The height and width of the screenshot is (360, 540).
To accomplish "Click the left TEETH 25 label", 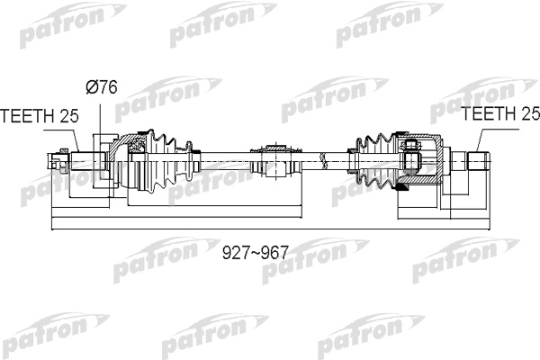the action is pos(40,116).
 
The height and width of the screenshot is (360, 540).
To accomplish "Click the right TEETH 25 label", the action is pos(500,113).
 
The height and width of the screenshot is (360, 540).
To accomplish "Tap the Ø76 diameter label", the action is pos(102,86).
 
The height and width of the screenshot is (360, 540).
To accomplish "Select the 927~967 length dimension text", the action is pos(255,253).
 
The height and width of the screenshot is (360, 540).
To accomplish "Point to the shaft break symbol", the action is pos(323,161).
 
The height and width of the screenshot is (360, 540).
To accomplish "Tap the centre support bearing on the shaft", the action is pos(276,161).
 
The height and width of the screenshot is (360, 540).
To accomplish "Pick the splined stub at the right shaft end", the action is pos(478,161).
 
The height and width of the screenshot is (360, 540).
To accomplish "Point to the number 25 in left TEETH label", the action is pos(69,116).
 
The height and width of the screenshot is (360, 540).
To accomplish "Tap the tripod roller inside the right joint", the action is pos(412,157).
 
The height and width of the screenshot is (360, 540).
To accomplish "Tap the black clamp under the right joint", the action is pos(401,188).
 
